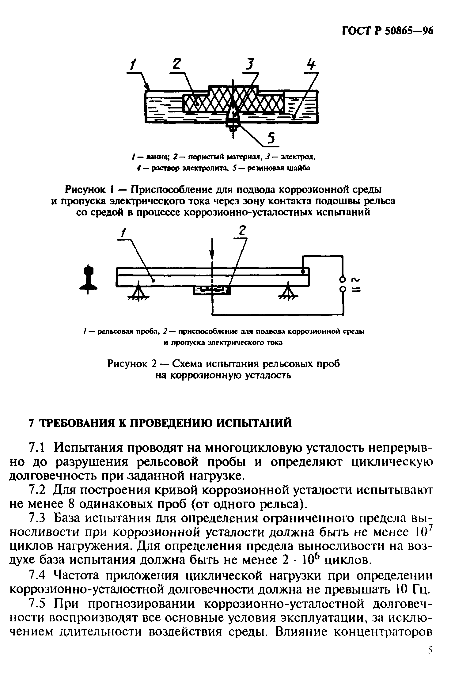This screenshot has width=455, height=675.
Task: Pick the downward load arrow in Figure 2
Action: coord(212,251)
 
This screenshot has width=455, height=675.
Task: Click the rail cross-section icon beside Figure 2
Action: coord(89,279)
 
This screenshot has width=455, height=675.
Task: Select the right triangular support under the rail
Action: coord(288,293)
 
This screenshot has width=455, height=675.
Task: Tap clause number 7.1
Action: coord(37,449)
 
